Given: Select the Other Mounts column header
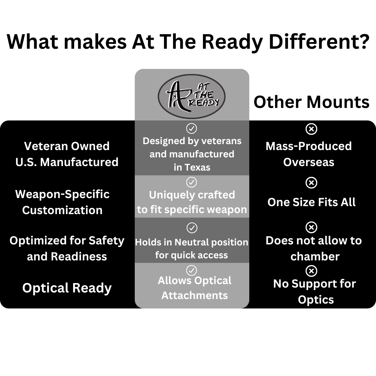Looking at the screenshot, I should click(311, 102).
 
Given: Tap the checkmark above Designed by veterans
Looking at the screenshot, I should click(191, 128).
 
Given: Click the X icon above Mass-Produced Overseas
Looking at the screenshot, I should click(311, 129).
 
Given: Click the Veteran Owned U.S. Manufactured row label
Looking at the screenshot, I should click(67, 154).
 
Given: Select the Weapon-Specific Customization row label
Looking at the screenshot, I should click(62, 202).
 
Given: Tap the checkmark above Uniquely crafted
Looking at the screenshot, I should click(191, 182).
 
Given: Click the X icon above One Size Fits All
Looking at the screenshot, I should click(311, 182).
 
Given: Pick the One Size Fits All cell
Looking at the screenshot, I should click(311, 202).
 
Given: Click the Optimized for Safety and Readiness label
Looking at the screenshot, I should click(67, 248).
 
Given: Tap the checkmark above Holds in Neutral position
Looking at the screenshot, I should click(192, 228).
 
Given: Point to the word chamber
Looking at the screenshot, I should click(315, 257).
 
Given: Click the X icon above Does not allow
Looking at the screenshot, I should click(311, 227).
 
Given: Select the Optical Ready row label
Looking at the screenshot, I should click(67, 288).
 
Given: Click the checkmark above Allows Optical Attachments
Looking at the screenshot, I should click(192, 270).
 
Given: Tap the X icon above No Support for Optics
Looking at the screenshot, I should click(311, 271).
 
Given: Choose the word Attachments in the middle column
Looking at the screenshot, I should click(194, 296).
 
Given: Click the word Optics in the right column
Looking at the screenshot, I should click(315, 300).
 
